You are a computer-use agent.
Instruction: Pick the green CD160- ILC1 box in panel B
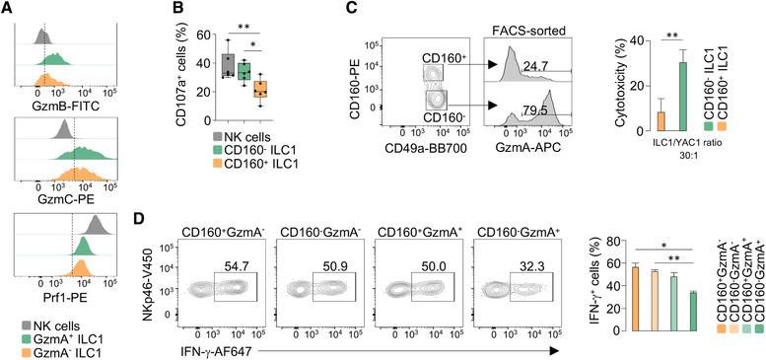tap(244, 73)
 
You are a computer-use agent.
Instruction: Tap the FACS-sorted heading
tap(535, 31)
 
